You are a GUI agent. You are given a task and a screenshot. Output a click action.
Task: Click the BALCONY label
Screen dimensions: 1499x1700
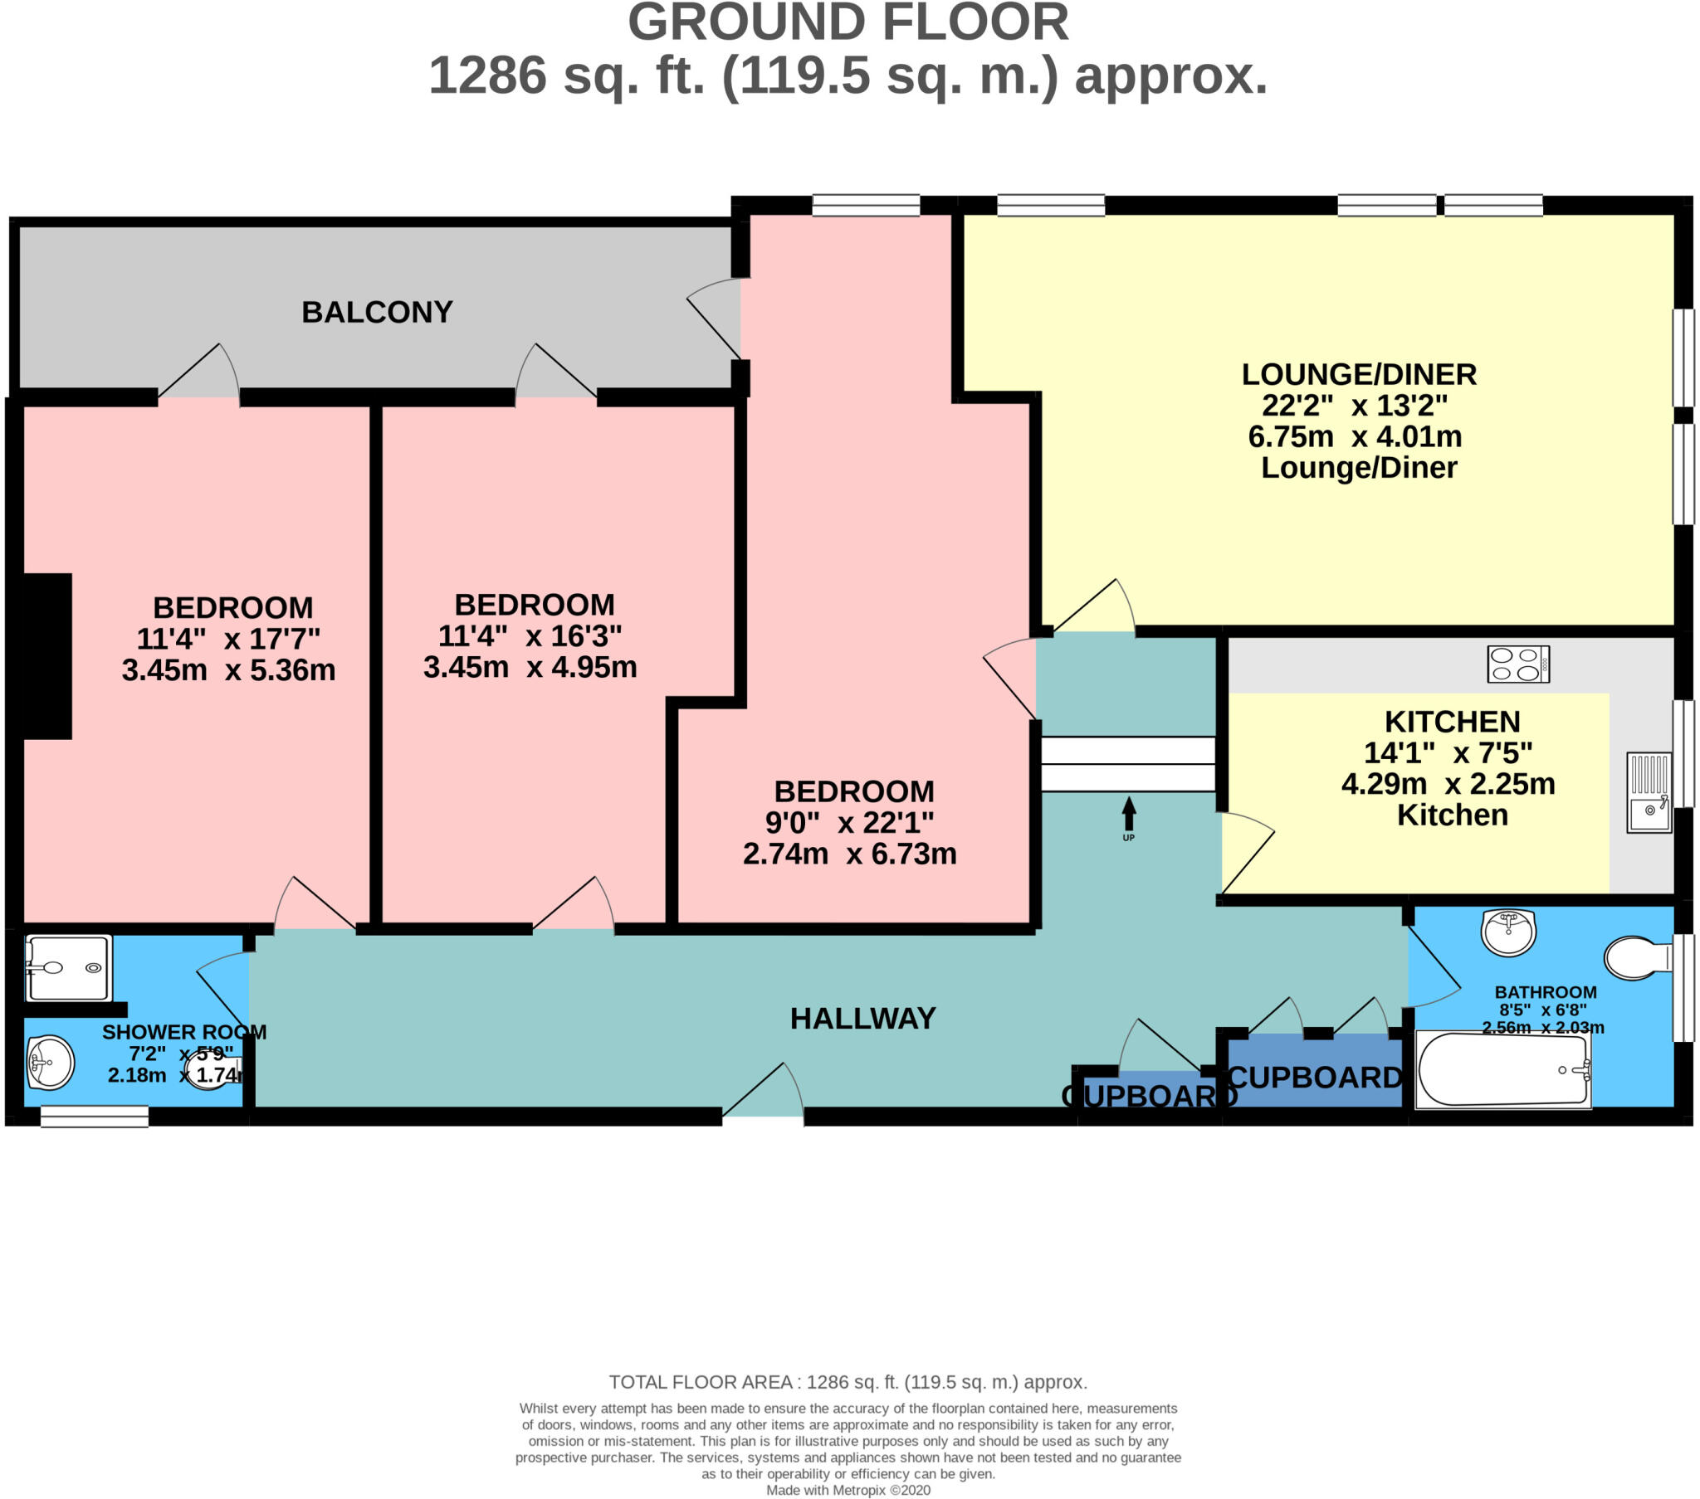(x=377, y=312)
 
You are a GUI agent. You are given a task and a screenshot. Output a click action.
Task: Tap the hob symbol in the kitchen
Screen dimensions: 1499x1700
(x=1518, y=664)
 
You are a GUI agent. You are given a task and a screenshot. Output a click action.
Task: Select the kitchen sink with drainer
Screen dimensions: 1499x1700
(x=1649, y=792)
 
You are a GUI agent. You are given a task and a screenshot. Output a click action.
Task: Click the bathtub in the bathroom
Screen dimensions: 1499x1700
(x=1502, y=1070)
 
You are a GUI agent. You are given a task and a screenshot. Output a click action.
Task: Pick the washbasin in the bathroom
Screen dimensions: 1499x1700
(x=1508, y=932)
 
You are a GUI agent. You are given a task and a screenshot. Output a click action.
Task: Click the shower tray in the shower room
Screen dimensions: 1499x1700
(x=68, y=968)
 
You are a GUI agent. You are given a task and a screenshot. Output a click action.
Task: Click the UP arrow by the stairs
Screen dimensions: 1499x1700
(x=1129, y=815)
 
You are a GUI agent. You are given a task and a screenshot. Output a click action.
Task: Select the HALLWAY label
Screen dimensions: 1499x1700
(x=862, y=1019)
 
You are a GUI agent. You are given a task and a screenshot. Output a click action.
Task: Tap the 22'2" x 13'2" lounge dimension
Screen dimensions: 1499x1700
(x=1354, y=406)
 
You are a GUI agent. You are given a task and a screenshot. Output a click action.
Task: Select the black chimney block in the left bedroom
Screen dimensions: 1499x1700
(x=46, y=656)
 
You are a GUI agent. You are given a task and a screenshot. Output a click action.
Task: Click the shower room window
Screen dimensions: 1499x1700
(x=94, y=1117)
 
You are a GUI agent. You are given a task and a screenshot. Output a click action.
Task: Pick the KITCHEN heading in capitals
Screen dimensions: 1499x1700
(x=1452, y=722)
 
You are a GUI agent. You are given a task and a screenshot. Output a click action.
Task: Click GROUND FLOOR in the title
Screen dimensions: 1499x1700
(x=848, y=23)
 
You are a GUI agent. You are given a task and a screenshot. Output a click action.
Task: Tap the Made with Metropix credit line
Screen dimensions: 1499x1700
(x=848, y=1490)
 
